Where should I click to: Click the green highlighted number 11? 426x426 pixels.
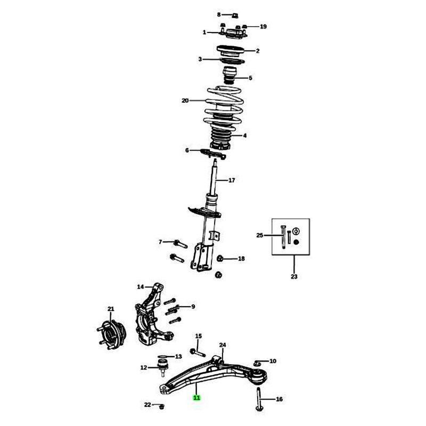(x=196, y=398)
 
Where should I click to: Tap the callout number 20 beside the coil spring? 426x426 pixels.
(x=185, y=101)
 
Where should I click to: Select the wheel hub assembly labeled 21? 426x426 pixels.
(x=111, y=335)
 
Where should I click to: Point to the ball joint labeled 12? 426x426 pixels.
(x=163, y=367)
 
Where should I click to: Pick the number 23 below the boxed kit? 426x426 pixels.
(x=294, y=276)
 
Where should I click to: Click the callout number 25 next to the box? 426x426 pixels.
(x=260, y=235)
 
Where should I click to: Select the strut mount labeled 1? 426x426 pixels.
(x=233, y=33)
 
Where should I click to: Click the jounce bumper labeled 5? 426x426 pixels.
(x=230, y=76)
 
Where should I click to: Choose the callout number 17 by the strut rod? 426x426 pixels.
(x=232, y=180)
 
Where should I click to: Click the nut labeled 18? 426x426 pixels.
(x=220, y=258)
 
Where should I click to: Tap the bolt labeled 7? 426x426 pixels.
(x=180, y=243)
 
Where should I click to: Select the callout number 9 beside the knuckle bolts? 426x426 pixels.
(x=193, y=307)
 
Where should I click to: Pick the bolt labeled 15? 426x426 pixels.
(x=198, y=353)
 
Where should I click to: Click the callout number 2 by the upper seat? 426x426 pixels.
(x=258, y=51)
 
